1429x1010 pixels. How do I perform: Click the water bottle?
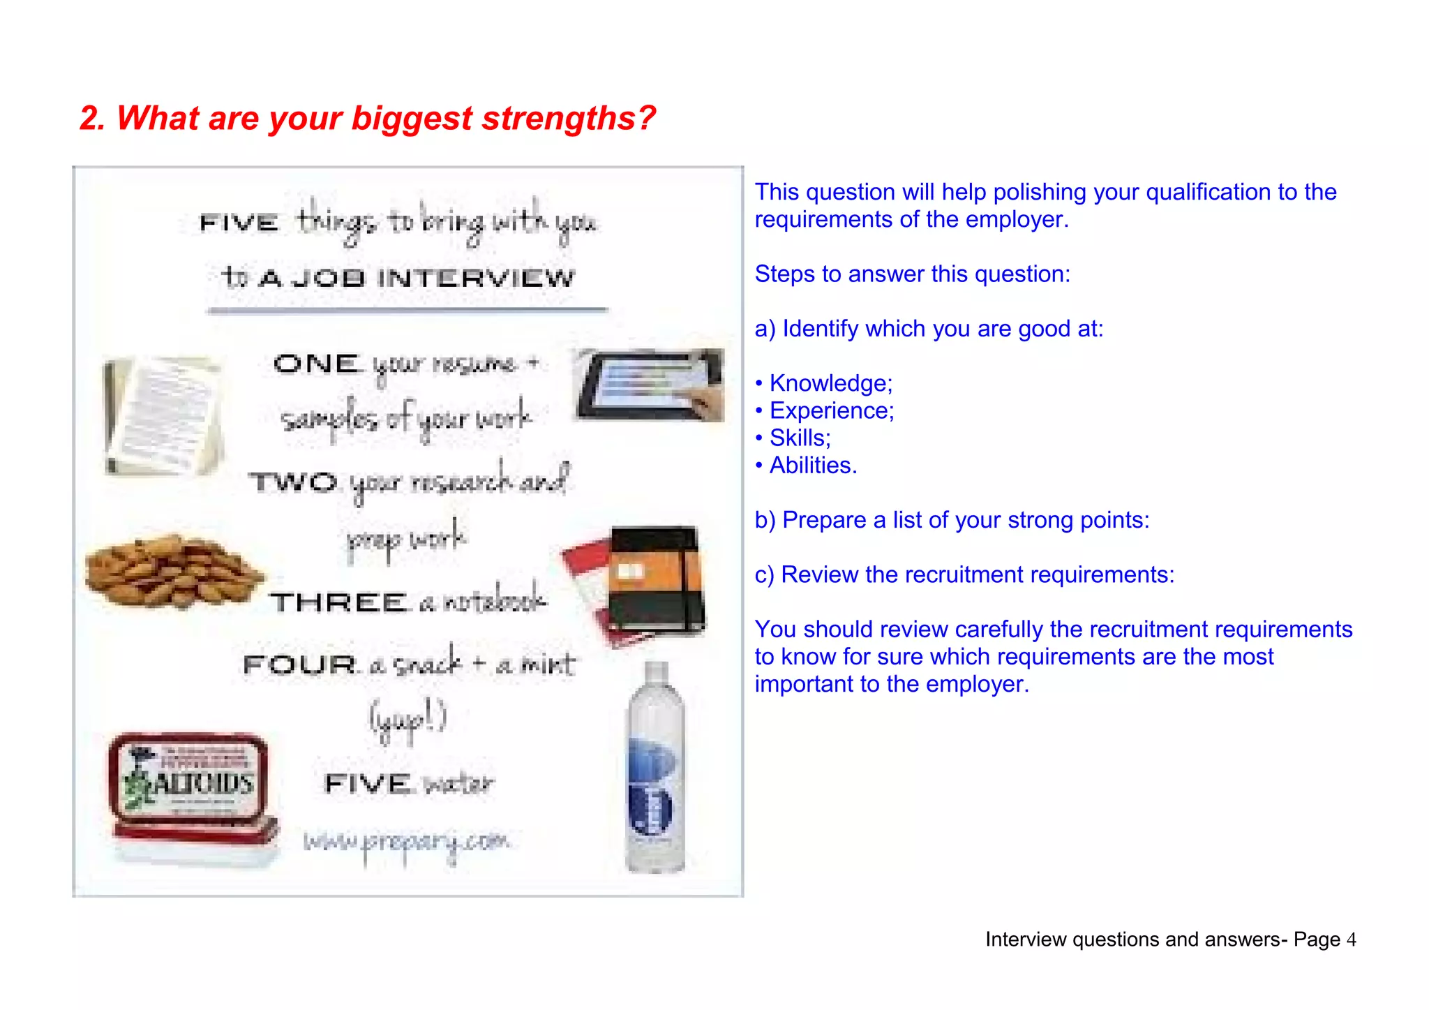[x=655, y=768]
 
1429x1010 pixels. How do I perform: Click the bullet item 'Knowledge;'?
[x=830, y=383]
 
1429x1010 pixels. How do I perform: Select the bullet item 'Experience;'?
[x=831, y=410]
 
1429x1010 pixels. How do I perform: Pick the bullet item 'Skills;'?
[x=800, y=438]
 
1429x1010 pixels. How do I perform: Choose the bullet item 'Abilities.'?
[x=813, y=465]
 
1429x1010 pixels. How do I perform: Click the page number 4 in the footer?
[x=1351, y=940]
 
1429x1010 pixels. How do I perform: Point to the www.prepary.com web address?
[x=407, y=842]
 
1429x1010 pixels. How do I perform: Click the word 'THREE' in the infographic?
[x=339, y=602]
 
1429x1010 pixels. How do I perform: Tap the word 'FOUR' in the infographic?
[x=300, y=664]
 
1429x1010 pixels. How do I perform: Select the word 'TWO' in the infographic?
[x=294, y=482]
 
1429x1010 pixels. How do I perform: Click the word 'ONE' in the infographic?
[x=317, y=364]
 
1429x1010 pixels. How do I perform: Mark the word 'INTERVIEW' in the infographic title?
[x=476, y=279]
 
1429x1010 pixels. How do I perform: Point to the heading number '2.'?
[x=92, y=118]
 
